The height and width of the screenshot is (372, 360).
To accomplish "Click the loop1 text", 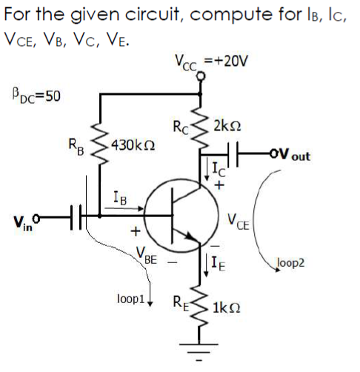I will click(x=130, y=300).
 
